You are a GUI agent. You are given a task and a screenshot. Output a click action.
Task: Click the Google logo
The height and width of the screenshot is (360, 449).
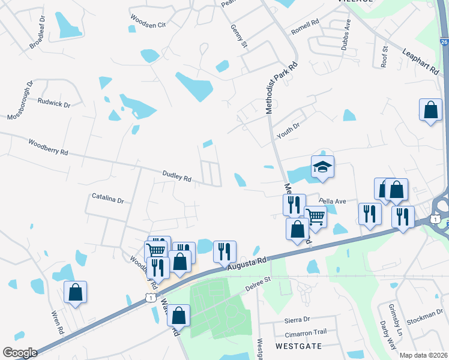point(20,353)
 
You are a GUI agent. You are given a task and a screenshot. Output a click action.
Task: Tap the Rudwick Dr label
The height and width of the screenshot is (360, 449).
point(54,103)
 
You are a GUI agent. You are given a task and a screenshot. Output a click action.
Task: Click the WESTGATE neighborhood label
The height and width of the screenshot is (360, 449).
point(298,346)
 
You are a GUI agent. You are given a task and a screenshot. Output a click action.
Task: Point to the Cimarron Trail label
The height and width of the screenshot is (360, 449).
point(306,332)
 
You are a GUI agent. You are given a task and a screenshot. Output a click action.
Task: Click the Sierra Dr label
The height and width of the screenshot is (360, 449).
point(298,320)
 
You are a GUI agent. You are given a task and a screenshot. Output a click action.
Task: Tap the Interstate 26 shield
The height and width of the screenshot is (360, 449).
point(444,42)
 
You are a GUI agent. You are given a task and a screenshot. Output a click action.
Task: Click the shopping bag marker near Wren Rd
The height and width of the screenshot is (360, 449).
point(76,292)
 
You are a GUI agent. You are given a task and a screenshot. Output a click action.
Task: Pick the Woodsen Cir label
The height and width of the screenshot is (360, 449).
point(147,27)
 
